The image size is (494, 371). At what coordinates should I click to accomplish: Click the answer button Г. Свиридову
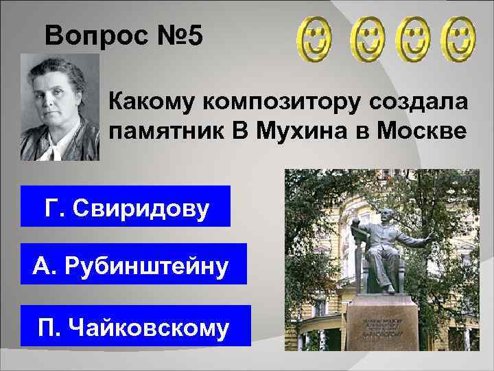126,206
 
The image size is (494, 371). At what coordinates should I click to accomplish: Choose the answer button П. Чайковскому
134,325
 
